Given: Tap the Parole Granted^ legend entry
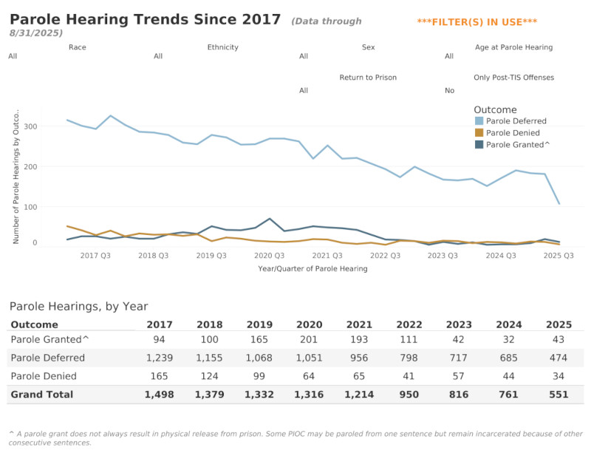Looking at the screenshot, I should pos(517,145).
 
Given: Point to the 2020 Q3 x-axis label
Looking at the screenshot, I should pos(269,256).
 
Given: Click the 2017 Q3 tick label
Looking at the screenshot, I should pos(95,256).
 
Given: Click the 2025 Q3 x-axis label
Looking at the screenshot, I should pos(558,256).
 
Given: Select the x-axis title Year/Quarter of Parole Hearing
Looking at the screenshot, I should pos(312,269).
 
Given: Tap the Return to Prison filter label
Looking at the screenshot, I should pos(368,78).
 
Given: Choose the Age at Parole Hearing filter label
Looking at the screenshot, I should pos(513,47).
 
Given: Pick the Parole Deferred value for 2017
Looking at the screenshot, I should pos(160,358).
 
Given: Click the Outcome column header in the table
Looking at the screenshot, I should pos(35,324).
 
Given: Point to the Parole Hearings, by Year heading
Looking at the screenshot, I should pos(78,306).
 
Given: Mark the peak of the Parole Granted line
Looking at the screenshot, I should pos(270,219).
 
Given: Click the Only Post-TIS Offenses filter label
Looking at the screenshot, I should pos(513,78).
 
